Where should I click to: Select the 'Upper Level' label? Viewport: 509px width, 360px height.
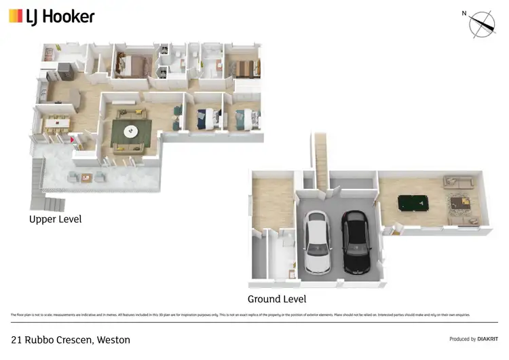(55, 219)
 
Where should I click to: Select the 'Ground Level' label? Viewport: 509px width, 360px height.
(276, 299)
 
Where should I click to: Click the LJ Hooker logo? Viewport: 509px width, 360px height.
(52, 16)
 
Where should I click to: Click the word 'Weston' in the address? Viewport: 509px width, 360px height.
(113, 340)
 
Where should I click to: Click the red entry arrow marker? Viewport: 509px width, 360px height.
(73, 140)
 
